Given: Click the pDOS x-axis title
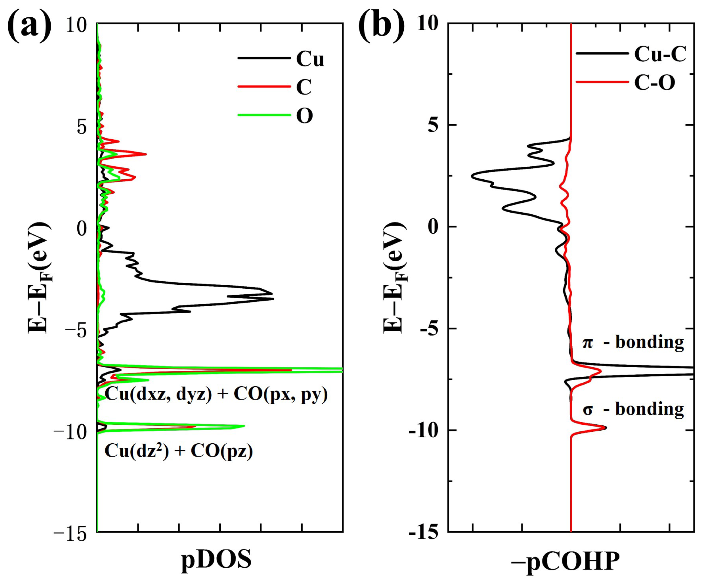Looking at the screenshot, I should (216, 560).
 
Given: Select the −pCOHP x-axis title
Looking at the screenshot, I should (565, 561).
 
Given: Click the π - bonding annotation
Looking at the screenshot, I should (633, 342).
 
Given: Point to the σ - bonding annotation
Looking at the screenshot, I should (633, 409).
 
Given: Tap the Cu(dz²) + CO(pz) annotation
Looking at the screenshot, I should (179, 451).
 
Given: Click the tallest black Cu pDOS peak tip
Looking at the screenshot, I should (274, 299).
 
